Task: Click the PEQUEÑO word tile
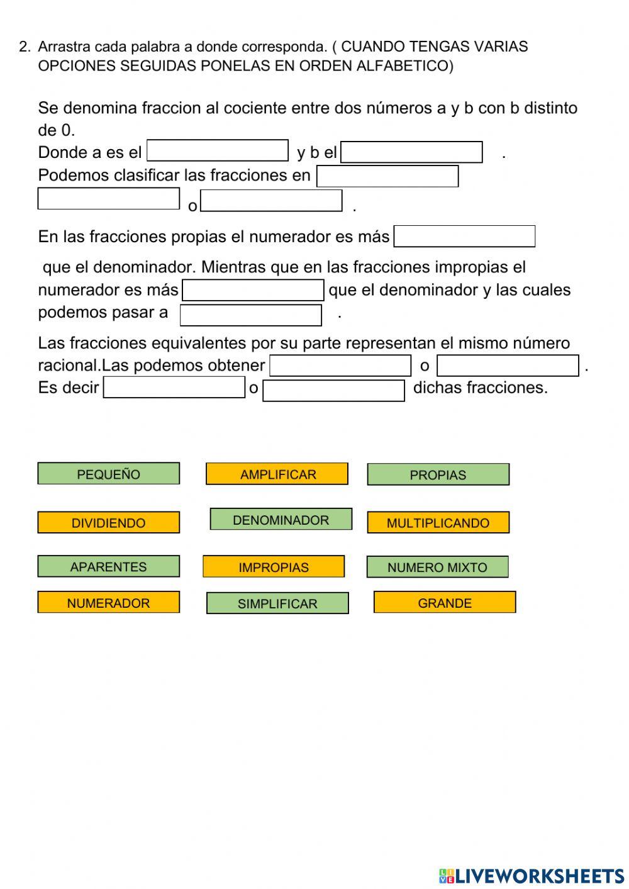point(108,474)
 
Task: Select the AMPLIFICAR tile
point(277,474)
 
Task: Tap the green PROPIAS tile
point(438,474)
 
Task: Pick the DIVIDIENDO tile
point(108,522)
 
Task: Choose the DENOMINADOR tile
point(281,520)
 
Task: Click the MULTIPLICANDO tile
point(438,522)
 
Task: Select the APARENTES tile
point(108,566)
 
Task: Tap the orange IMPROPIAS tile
point(273,567)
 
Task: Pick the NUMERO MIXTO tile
point(437,567)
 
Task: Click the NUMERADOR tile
point(108,603)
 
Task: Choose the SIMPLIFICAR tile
point(277,603)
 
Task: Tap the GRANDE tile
point(445,603)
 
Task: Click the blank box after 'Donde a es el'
point(218,151)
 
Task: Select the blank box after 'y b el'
point(411,152)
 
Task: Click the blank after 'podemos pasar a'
point(251,315)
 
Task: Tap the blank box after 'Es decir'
point(174,387)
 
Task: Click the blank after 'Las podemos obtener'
point(340,366)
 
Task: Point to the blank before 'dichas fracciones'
point(333,391)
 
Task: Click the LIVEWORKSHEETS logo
point(532,876)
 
